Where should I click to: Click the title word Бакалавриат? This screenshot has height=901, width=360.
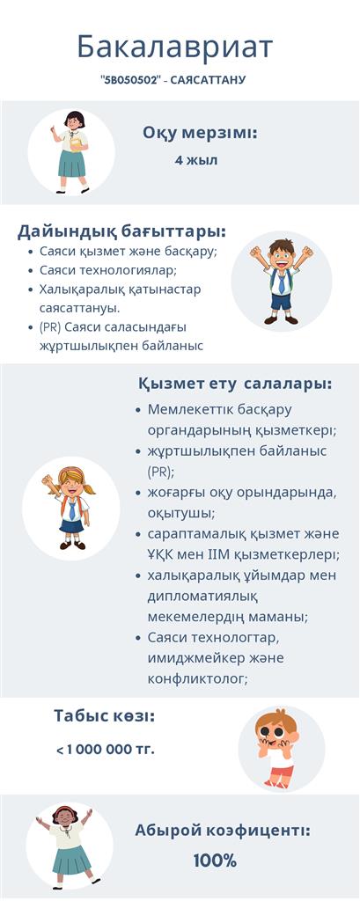pyautogui.click(x=175, y=48)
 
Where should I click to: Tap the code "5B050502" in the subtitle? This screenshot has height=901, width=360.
pyautogui.click(x=129, y=80)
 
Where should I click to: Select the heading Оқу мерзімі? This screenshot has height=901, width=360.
pyautogui.click(x=200, y=133)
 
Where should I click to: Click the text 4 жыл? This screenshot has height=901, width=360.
pyautogui.click(x=196, y=160)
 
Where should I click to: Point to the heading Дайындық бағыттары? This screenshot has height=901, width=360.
pyautogui.click(x=122, y=231)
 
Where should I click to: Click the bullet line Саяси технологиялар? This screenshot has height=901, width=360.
pyautogui.click(x=108, y=270)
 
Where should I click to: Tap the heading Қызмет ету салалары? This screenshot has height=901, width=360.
pyautogui.click(x=235, y=384)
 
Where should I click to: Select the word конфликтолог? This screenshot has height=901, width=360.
pyautogui.click(x=197, y=678)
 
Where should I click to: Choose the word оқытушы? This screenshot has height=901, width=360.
pyautogui.click(x=178, y=513)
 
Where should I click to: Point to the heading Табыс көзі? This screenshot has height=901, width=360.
pyautogui.click(x=105, y=716)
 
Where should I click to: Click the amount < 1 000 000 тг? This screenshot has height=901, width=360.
pyautogui.click(x=106, y=750)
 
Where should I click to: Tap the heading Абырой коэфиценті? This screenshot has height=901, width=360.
pyautogui.click(x=223, y=831)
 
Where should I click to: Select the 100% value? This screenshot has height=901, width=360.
pyautogui.click(x=215, y=861)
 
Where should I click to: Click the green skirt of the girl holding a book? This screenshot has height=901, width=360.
pyautogui.click(x=71, y=164)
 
